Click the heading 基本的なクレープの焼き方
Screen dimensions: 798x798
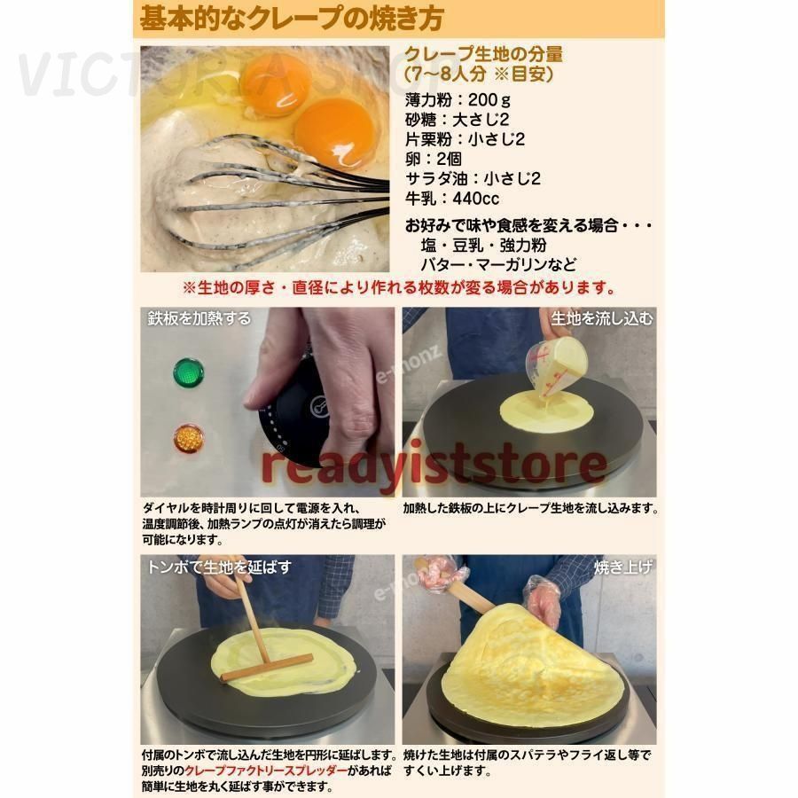[x=292, y=18]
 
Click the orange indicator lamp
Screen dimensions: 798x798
[x=189, y=438]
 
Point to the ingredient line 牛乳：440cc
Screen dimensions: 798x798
[x=452, y=199]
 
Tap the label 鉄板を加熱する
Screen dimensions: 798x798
[x=199, y=318]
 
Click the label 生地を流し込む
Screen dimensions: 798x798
[x=602, y=318]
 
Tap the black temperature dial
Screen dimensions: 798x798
[x=293, y=416]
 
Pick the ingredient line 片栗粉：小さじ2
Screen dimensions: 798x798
[x=465, y=139]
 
